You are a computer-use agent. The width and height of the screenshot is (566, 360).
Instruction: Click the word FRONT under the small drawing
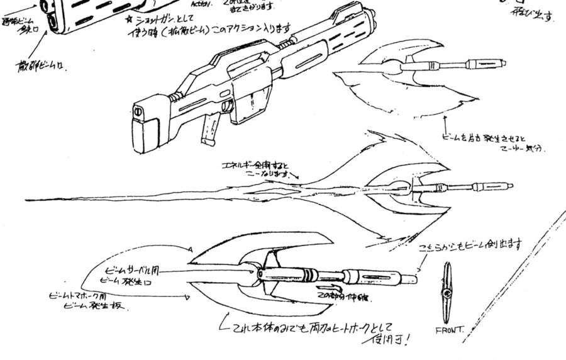449,329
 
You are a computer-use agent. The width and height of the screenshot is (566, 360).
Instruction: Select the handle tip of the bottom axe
414,278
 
